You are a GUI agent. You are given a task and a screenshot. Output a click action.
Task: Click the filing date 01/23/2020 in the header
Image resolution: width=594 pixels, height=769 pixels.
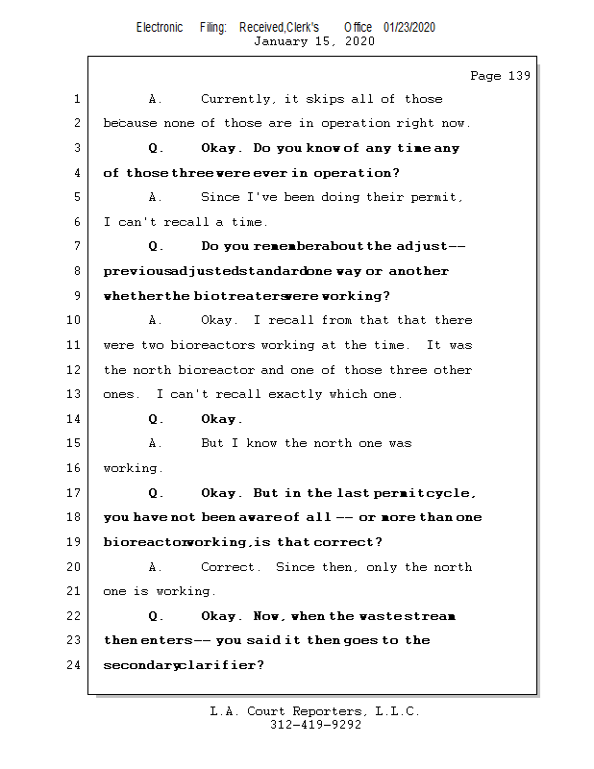tap(409, 28)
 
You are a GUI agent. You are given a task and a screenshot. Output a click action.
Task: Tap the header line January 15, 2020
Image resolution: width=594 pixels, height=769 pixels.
tap(314, 41)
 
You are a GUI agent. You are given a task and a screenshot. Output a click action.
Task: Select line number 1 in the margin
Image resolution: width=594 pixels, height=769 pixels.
tap(76, 99)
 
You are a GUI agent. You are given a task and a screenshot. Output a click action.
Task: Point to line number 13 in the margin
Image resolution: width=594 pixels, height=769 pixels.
tap(74, 394)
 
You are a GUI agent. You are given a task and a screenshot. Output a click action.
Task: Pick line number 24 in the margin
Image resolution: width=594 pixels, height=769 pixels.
tap(74, 664)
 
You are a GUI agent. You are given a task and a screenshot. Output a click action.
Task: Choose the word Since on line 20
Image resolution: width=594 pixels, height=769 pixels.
tap(294, 566)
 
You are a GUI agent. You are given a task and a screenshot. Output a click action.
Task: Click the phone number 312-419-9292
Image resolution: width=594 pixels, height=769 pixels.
tap(315, 726)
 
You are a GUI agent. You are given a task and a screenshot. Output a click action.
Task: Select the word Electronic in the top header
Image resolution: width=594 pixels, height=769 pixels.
tap(160, 28)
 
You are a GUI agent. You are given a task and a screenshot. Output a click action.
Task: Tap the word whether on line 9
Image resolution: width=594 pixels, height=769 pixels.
tap(132, 296)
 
